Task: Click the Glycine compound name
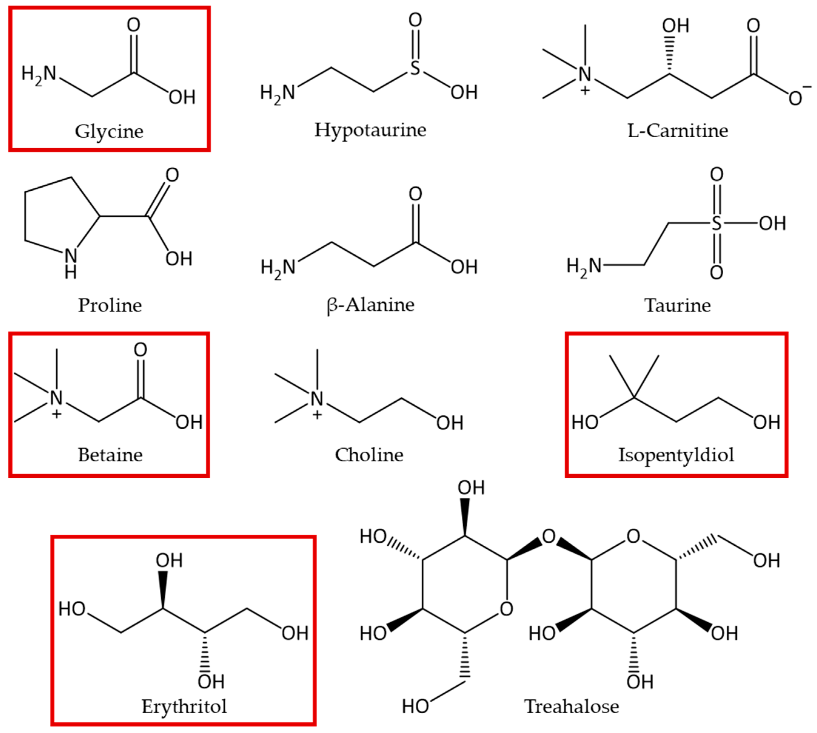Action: click(x=109, y=131)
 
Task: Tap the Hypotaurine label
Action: click(x=370, y=130)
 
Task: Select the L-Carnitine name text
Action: click(x=678, y=130)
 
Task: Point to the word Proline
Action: click(x=110, y=305)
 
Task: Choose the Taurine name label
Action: click(x=677, y=305)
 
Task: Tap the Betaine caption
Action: click(x=110, y=455)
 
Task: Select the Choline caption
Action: click(x=369, y=455)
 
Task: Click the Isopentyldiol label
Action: click(x=676, y=455)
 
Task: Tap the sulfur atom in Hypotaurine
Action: click(x=415, y=68)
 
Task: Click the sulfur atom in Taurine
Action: click(x=716, y=223)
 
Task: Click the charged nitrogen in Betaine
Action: click(x=56, y=398)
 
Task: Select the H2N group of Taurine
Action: click(x=584, y=266)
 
